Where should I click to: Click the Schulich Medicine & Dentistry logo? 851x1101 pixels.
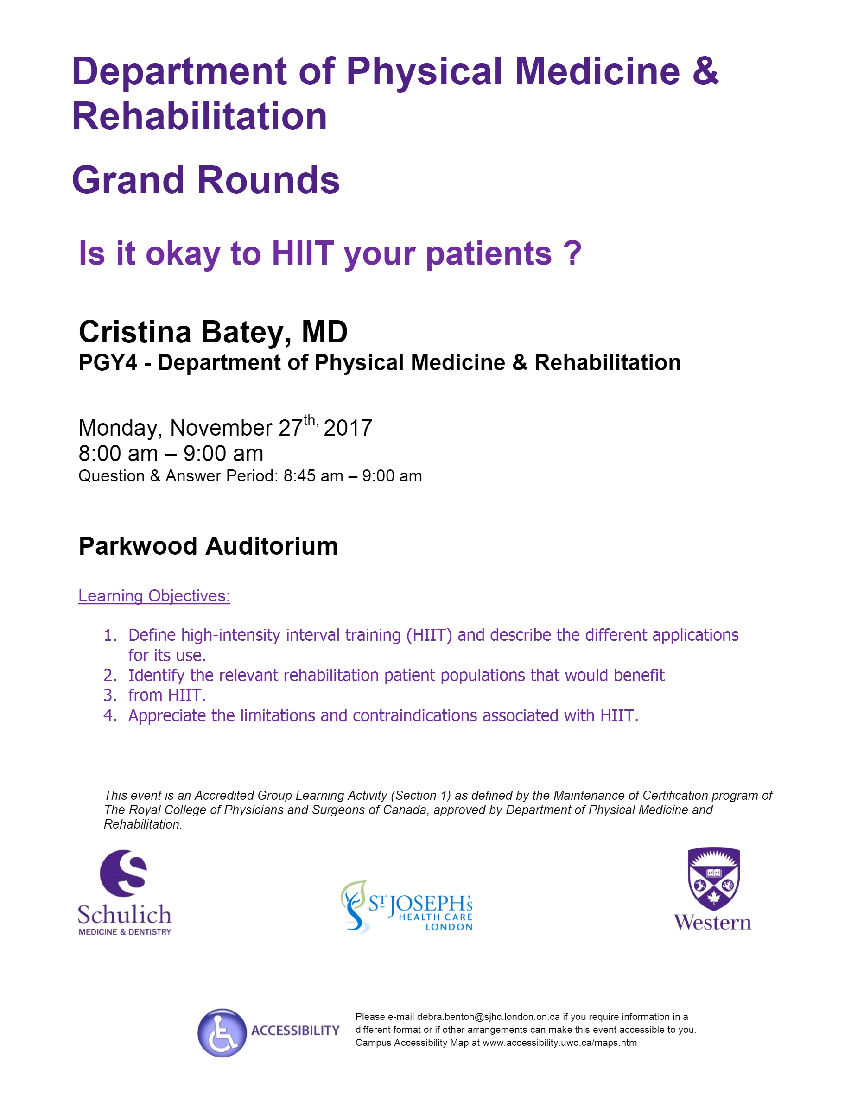[125, 893]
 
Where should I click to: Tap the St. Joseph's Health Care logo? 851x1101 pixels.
[406, 906]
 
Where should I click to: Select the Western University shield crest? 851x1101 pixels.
[713, 879]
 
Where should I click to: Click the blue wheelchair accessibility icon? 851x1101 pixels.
[222, 1032]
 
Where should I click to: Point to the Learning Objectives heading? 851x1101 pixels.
[154, 595]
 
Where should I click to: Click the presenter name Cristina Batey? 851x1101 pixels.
[184, 332]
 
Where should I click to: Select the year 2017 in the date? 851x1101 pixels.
[348, 428]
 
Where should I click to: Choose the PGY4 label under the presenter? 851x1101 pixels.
[108, 362]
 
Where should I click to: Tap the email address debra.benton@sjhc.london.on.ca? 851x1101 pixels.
[488, 1016]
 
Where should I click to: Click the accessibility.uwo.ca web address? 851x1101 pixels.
[559, 1043]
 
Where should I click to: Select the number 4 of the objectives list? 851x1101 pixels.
[109, 715]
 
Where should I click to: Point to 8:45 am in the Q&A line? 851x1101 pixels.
[313, 476]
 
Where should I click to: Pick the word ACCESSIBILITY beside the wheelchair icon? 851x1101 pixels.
[295, 1031]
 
